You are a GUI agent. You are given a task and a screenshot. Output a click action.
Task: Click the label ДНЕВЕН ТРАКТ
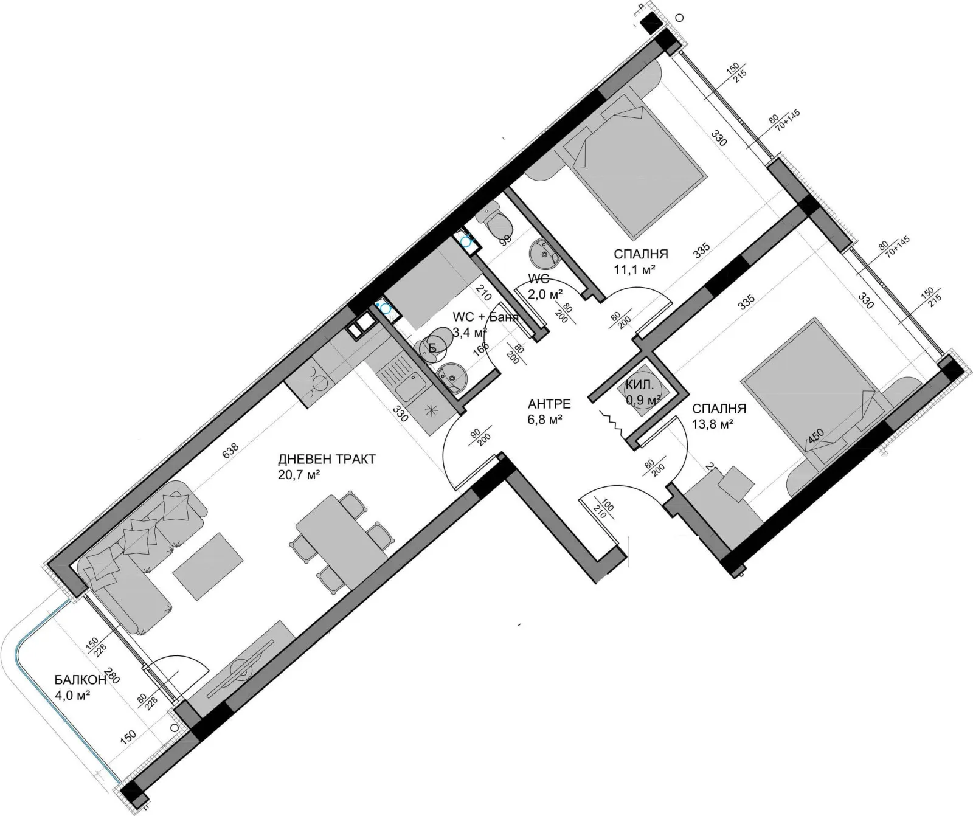click(327, 460)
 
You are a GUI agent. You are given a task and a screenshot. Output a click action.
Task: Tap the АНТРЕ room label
click(549, 404)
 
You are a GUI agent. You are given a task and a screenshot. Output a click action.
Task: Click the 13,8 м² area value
click(712, 424)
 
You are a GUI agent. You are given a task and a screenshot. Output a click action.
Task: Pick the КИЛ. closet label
click(640, 385)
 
